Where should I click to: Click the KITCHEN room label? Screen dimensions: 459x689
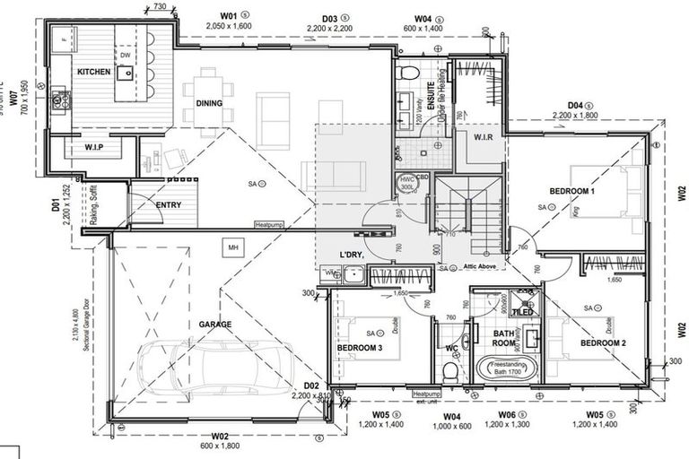pos(93,72)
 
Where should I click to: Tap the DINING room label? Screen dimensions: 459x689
pos(209,103)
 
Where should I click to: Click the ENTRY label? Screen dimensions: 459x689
pos(168,205)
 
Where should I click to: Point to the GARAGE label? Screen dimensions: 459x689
pos(215,324)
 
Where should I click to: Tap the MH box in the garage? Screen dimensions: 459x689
pos(232,247)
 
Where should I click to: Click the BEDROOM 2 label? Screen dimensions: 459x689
pos(603,343)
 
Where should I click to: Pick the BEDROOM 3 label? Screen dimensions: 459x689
pos(360,348)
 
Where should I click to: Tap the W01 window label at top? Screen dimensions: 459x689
pos(228,16)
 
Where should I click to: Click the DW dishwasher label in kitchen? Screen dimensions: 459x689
pos(126,56)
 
